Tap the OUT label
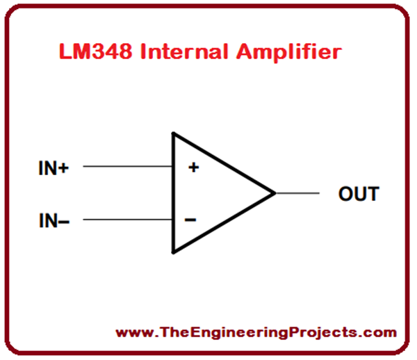[x=359, y=193]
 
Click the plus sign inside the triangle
[x=193, y=167]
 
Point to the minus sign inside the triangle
[x=190, y=220]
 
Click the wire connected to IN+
[x=129, y=167]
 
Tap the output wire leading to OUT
[x=297, y=193]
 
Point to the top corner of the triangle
[x=174, y=134]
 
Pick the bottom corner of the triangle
[x=174, y=252]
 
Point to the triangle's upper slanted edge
[x=224, y=163]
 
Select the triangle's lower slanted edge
[x=224, y=222]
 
